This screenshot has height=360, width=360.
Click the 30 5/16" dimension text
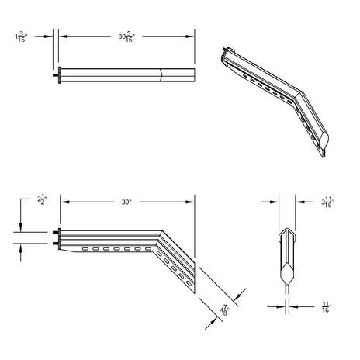124,36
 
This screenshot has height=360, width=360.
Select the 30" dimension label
126,202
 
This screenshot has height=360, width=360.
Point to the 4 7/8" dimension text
223,310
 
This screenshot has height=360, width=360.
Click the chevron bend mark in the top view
161,75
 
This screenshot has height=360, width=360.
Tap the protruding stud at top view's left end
55,75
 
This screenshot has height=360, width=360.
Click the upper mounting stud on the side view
55,232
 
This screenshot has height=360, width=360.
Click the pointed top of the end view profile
286,230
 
